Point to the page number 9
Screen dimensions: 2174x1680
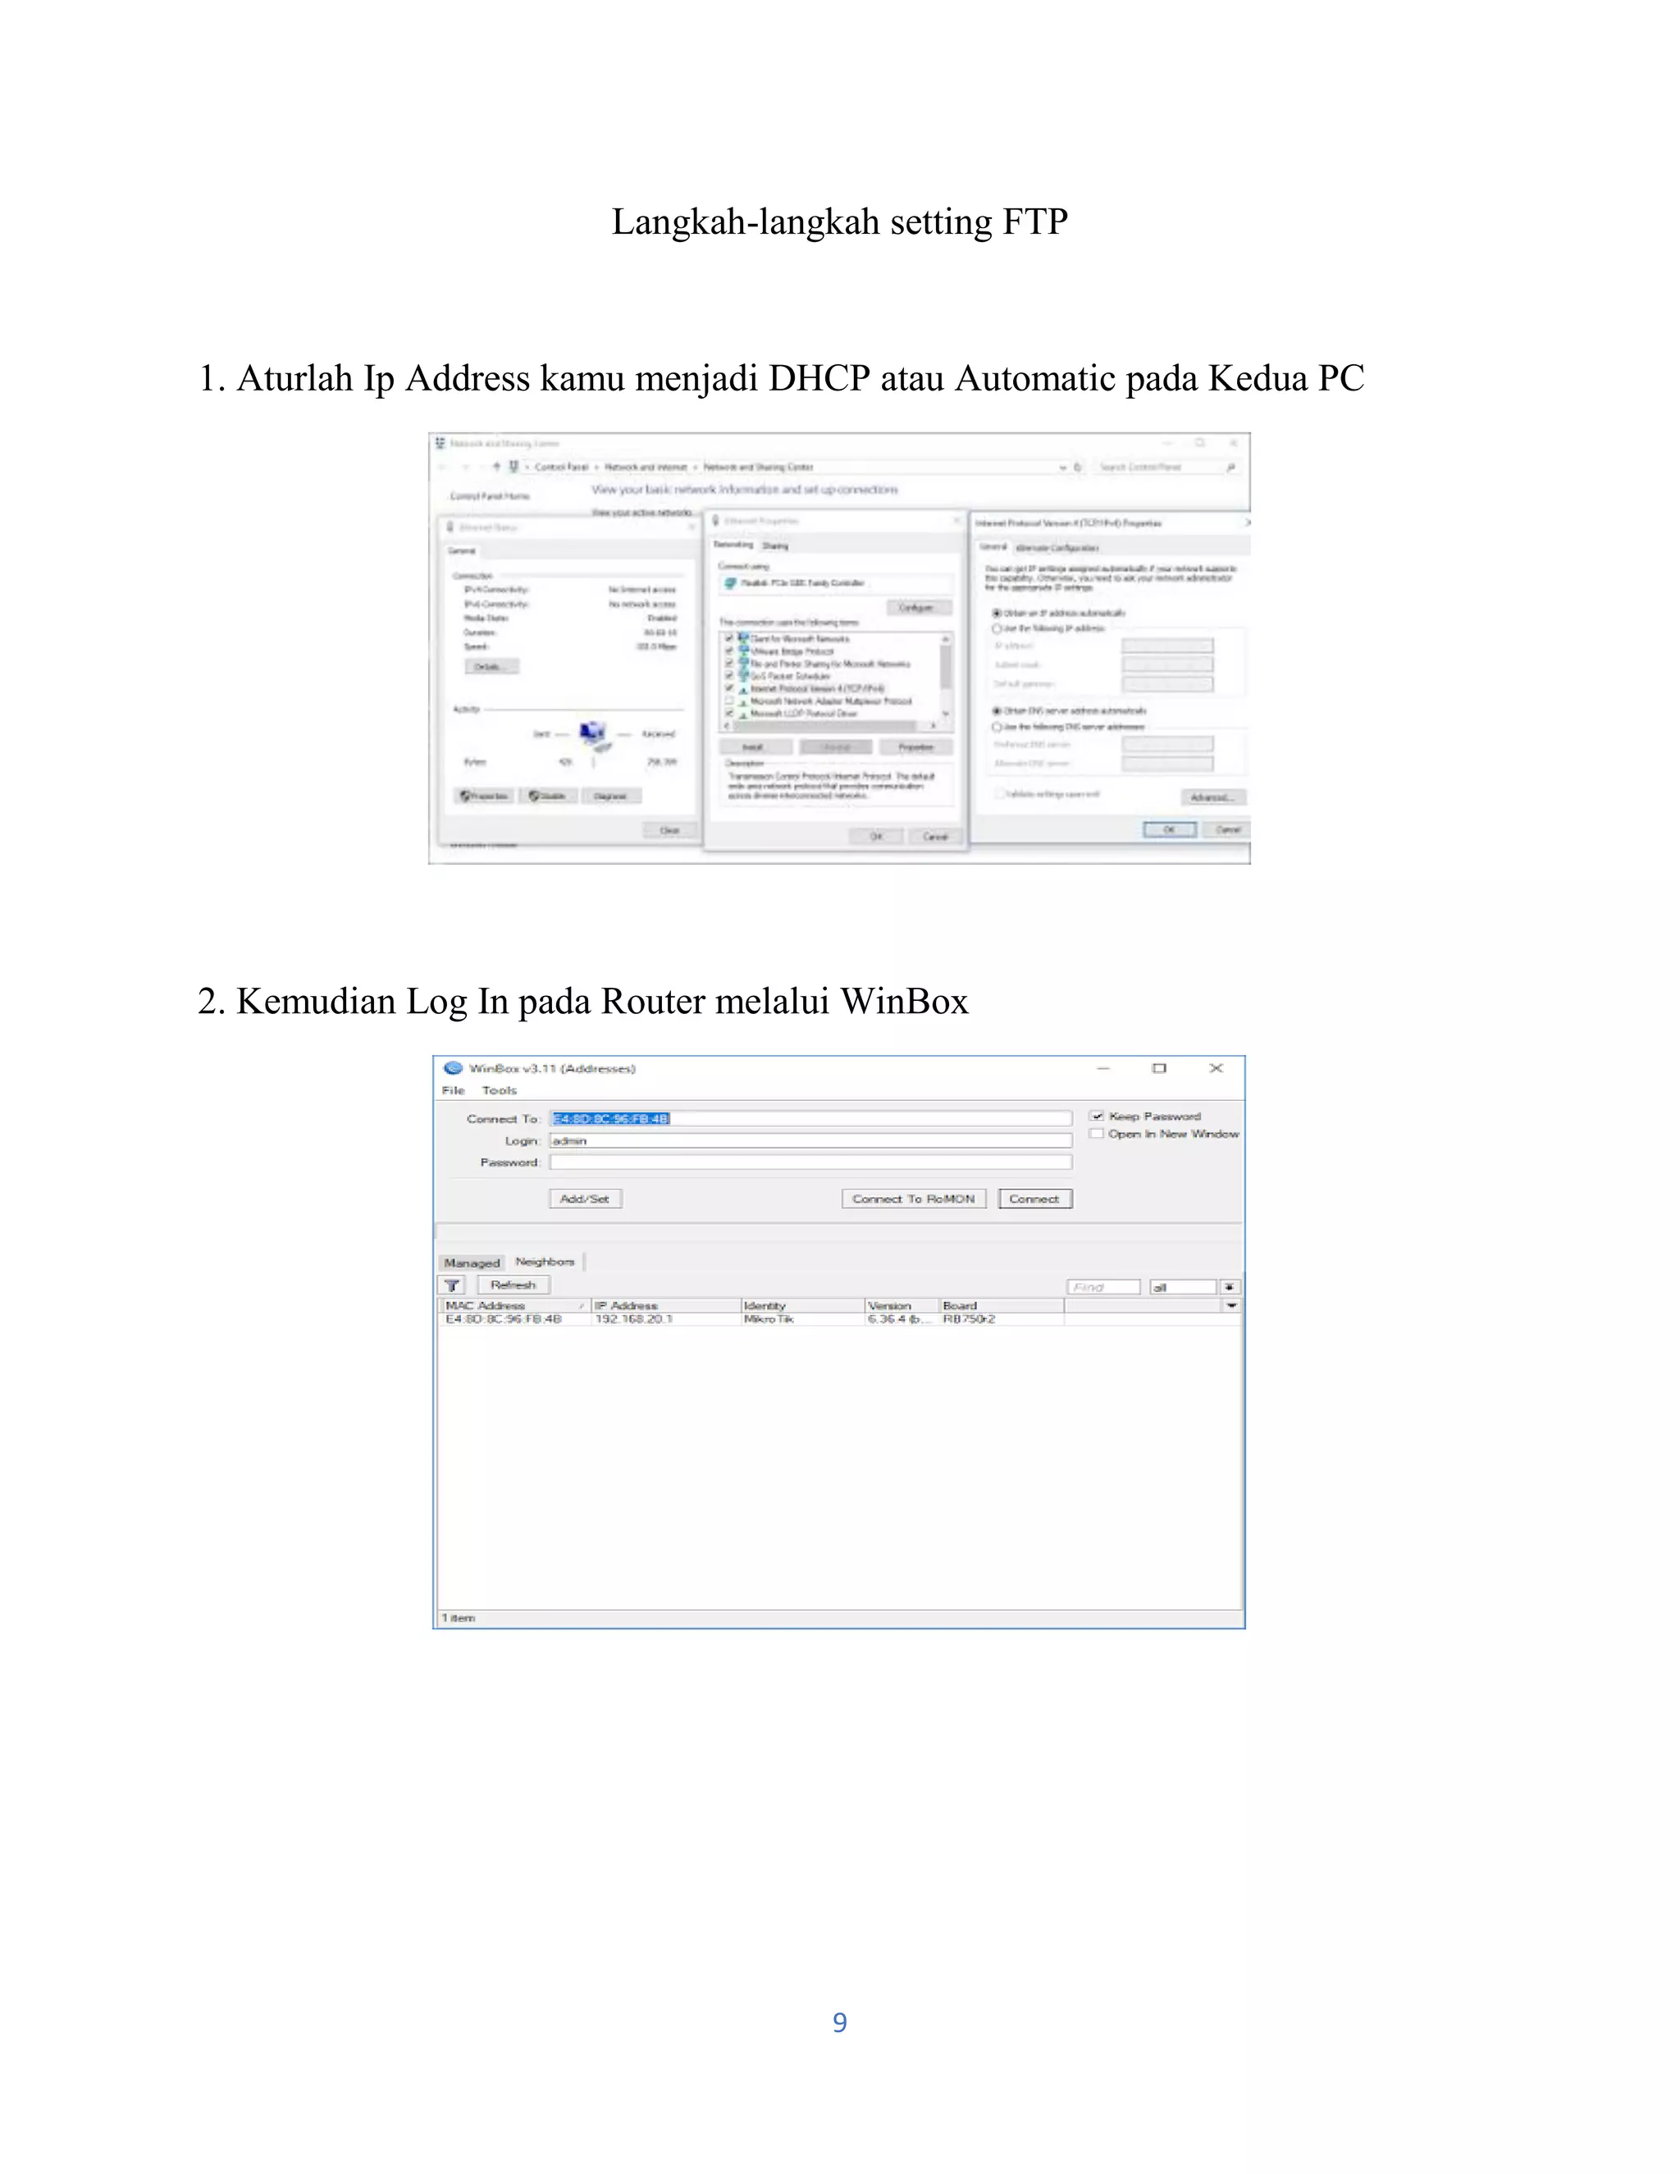coord(840,2021)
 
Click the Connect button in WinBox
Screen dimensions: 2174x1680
coord(1034,1199)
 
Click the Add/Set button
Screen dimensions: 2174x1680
coord(585,1199)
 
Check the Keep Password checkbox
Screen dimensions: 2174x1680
coord(1097,1116)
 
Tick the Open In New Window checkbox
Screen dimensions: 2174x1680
coord(1097,1134)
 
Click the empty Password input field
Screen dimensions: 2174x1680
coord(810,1162)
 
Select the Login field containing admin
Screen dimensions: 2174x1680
coord(810,1141)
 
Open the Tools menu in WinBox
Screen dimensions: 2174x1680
coord(500,1090)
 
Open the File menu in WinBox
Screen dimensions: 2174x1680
coord(454,1090)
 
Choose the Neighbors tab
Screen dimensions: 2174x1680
coord(545,1261)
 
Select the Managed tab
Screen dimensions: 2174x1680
coord(472,1263)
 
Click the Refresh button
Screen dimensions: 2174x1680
coord(513,1285)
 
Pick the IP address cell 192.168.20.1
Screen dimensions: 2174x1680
coord(634,1319)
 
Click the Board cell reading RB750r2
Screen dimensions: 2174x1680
coord(969,1319)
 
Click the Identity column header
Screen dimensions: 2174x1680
coord(765,1305)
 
